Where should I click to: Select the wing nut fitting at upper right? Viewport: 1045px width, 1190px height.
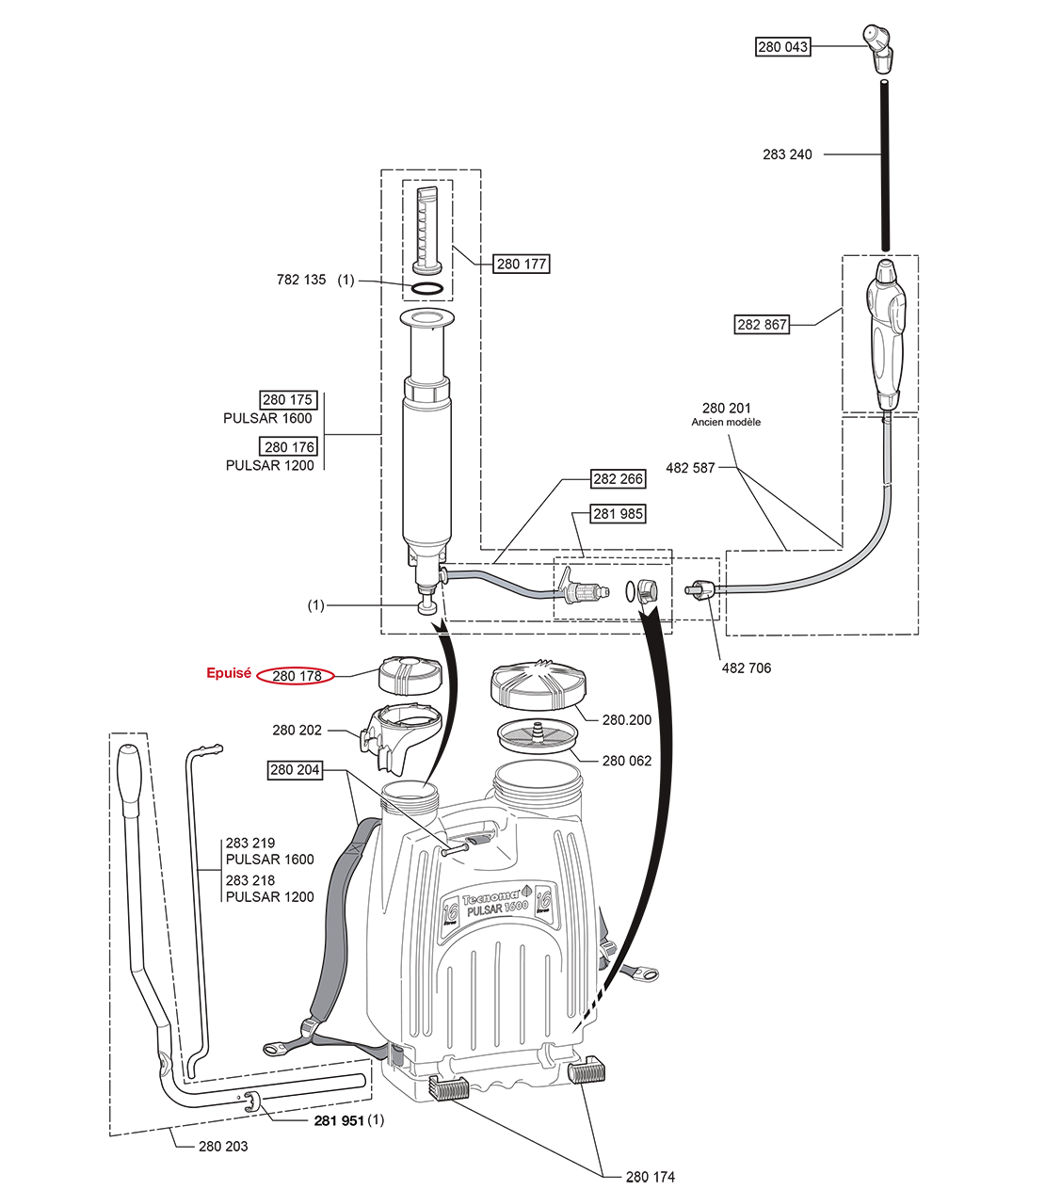click(883, 273)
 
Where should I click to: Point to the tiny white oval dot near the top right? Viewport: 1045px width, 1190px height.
click(884, 82)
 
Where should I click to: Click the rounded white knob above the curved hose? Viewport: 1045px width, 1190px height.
click(886, 385)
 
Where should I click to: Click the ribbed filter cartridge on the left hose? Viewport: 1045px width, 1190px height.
click(584, 593)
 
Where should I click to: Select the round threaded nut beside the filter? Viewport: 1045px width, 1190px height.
click(647, 590)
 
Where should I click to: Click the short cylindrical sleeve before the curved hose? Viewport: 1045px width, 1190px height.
click(694, 590)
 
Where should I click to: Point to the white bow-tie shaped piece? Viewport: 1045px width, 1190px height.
click(442, 635)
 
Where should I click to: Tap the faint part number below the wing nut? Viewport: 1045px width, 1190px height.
click(762, 326)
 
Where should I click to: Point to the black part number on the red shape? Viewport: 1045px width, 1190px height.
click(296, 675)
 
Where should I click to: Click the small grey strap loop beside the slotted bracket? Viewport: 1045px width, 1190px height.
click(396, 1053)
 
